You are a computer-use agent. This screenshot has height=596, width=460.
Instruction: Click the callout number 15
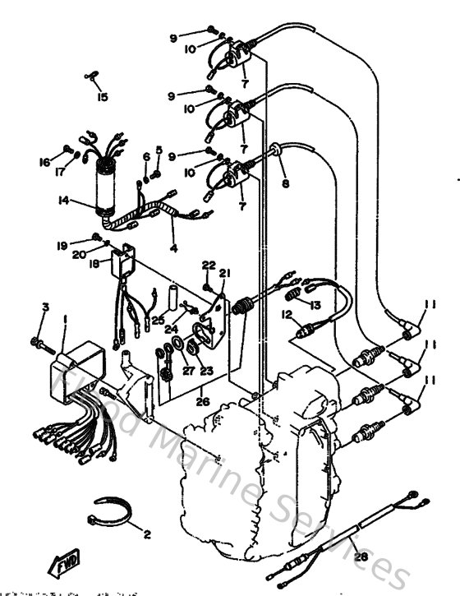tap(102, 97)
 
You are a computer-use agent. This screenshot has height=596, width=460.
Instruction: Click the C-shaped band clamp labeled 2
tap(109, 512)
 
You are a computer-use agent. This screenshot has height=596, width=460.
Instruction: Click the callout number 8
tap(285, 183)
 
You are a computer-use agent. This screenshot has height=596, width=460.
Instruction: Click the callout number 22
tap(209, 265)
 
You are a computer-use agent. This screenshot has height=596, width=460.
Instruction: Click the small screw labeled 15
tap(92, 78)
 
